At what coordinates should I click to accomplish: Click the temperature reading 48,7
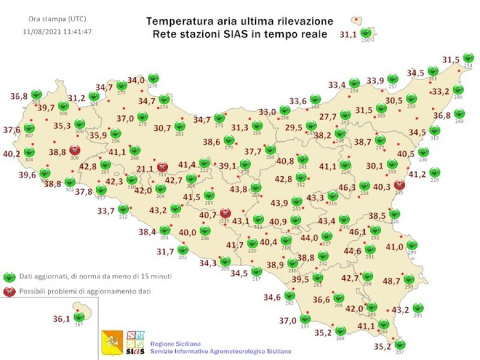point(391,281)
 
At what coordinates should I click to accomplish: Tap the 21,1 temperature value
point(145,169)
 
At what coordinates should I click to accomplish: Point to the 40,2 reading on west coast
point(11,154)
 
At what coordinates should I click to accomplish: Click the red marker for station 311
point(162,166)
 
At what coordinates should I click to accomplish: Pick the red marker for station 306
point(75,149)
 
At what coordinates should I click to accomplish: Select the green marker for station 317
point(79,316)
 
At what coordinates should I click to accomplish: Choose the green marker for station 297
point(400,344)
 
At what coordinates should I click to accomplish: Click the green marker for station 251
point(468,58)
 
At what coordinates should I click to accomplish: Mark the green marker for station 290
point(409,278)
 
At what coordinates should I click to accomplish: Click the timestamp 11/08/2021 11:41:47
point(57,32)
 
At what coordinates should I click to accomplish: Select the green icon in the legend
point(8,277)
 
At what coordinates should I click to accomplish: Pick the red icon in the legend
point(8,291)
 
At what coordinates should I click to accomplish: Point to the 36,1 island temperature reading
point(62,319)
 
